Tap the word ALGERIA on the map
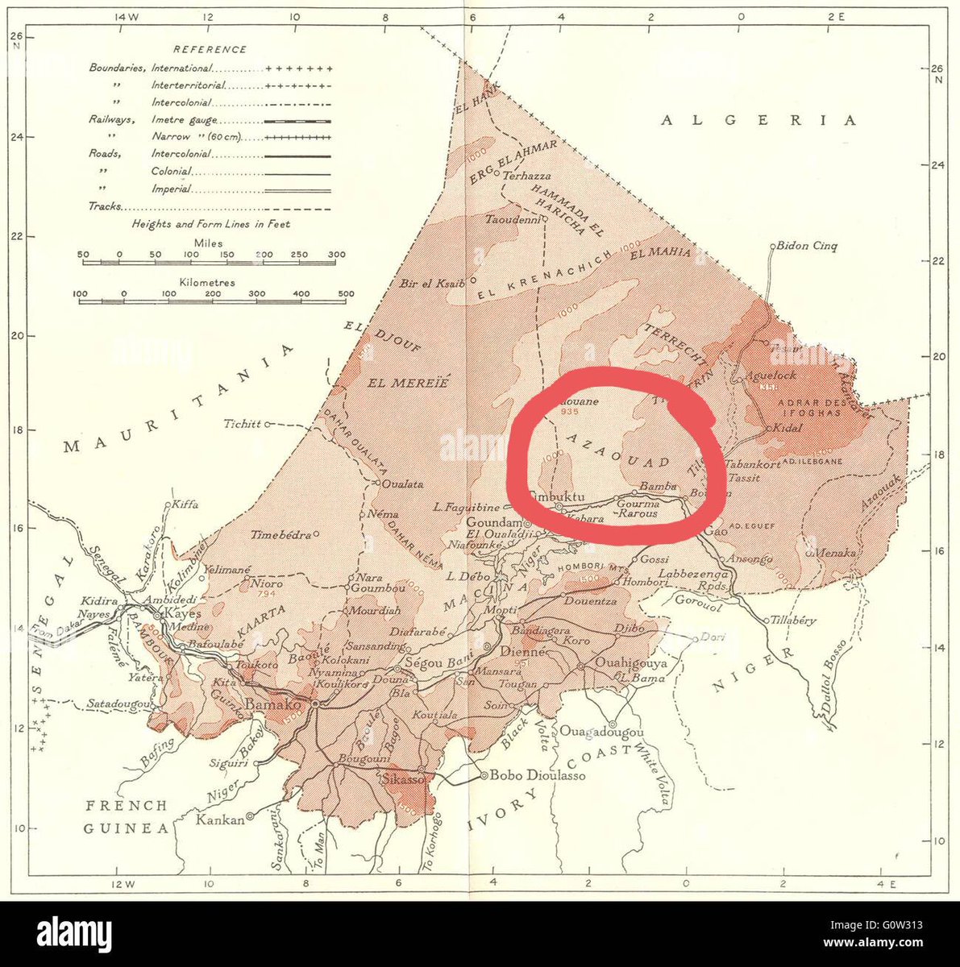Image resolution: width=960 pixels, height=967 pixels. coord(759,121)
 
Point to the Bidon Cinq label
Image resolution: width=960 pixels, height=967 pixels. coord(807,247)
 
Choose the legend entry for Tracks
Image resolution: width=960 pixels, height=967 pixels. coord(105,206)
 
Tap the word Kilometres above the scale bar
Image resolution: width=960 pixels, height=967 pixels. coord(209,283)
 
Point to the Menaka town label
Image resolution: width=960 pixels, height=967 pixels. coord(835,553)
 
